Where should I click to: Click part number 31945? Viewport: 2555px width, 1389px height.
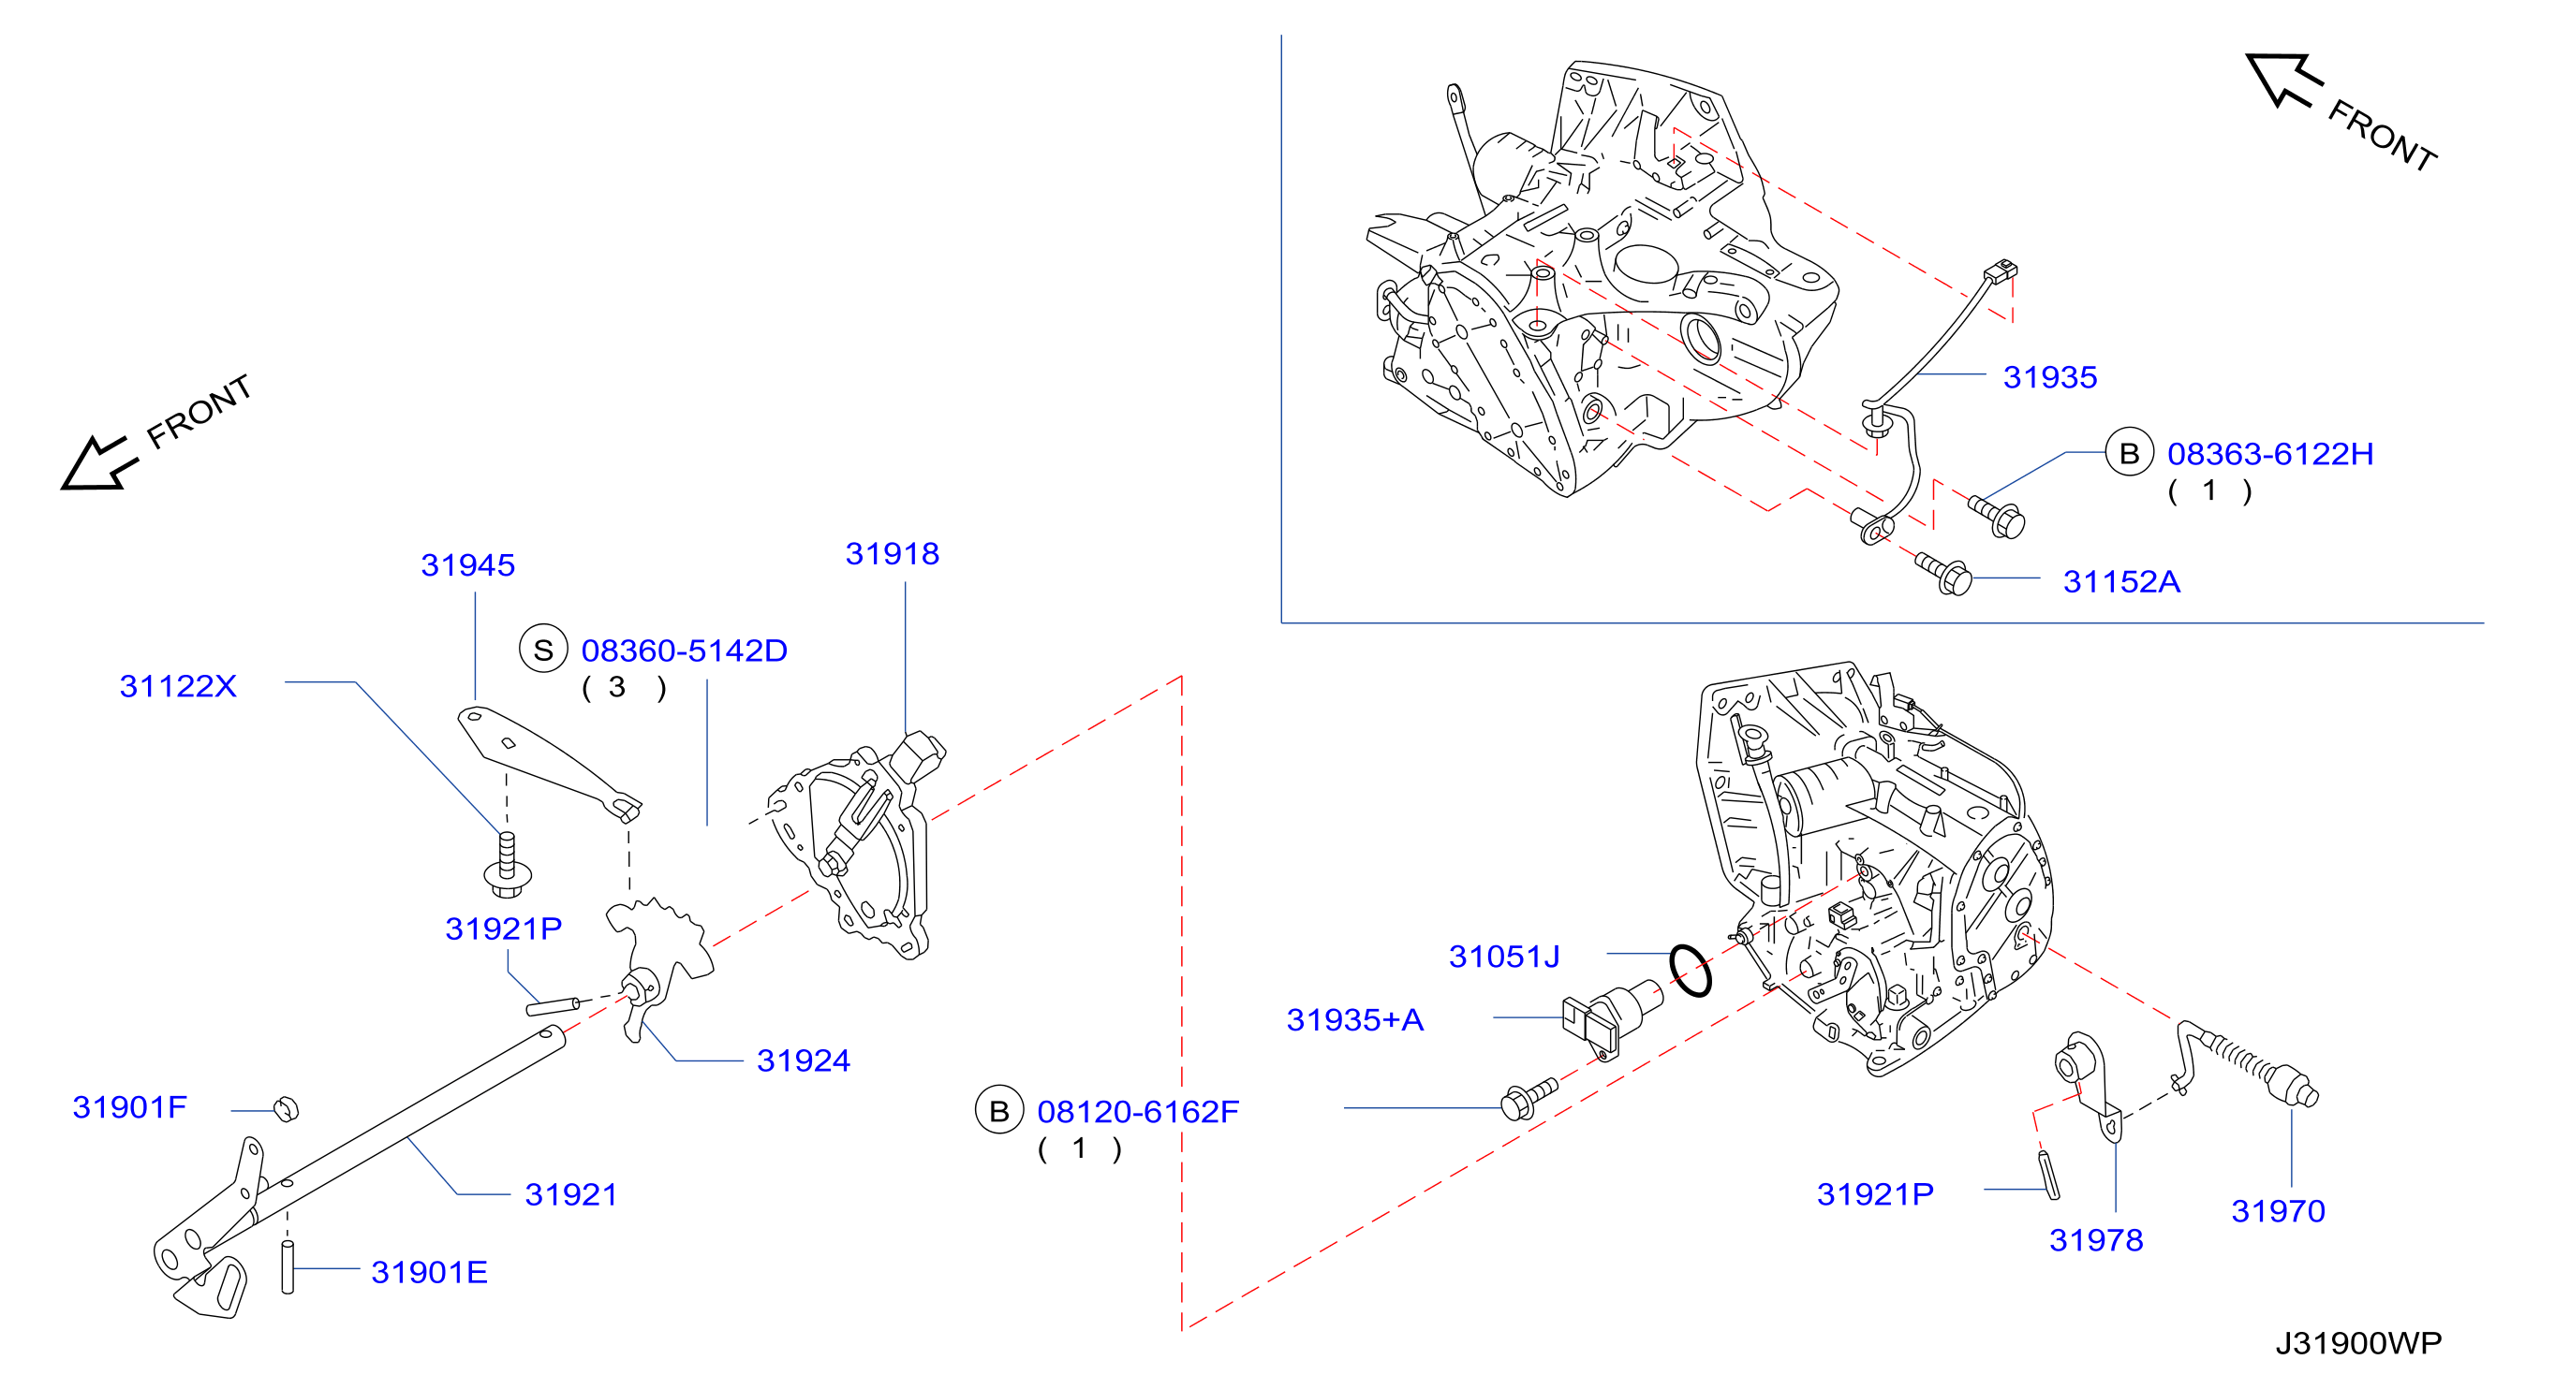(x=467, y=565)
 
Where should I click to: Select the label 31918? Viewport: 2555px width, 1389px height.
(x=892, y=553)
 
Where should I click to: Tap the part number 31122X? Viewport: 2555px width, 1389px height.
(x=178, y=686)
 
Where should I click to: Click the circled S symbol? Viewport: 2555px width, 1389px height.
(x=542, y=650)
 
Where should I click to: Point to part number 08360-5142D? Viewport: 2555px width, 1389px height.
(x=685, y=651)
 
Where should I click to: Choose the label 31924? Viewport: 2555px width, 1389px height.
(x=804, y=1060)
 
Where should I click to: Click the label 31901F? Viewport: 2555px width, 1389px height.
(x=130, y=1106)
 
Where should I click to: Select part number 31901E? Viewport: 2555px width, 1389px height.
(x=430, y=1272)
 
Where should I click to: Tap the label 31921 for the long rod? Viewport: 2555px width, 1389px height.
(x=571, y=1194)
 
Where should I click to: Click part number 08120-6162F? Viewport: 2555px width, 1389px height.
(x=1139, y=1111)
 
